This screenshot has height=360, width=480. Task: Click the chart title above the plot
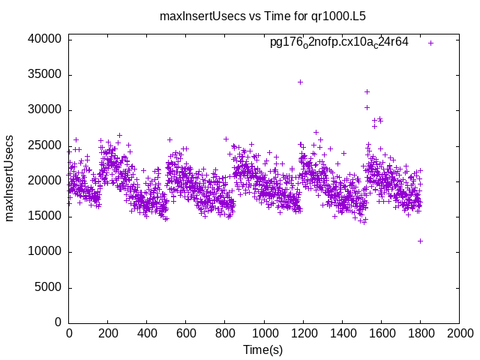(x=262, y=15)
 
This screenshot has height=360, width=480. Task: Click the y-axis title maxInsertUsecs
(x=10, y=178)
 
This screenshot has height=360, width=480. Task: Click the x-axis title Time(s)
(x=262, y=349)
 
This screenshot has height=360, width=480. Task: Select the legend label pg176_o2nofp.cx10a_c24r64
(x=339, y=42)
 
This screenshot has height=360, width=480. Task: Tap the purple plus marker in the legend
(x=431, y=43)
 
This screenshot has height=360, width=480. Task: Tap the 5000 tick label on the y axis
(x=48, y=287)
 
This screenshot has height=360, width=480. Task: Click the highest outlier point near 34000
(x=301, y=82)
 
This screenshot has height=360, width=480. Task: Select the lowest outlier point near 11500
(x=421, y=241)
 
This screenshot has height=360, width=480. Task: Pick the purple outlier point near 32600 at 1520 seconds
(x=367, y=91)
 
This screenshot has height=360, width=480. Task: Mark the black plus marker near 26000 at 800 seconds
(x=226, y=139)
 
